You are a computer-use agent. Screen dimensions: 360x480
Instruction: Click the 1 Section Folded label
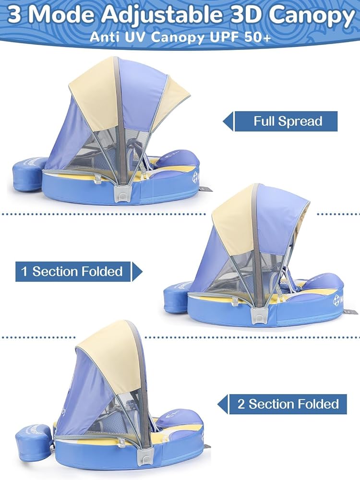[x=72, y=271]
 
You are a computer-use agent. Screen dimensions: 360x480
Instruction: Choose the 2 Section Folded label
[x=288, y=404]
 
